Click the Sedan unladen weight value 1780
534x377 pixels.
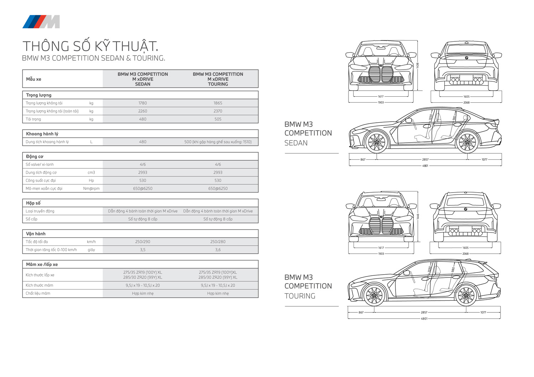coord(142,103)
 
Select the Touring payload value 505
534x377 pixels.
coord(218,119)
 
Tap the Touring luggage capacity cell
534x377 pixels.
coord(218,142)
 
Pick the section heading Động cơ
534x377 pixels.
coord(35,157)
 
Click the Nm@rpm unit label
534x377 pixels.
coord(91,188)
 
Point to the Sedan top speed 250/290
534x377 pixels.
coord(142,241)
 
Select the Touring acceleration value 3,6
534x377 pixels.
coord(218,250)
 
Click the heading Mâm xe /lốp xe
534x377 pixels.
coord(42,264)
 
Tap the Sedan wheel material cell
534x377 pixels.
coord(142,294)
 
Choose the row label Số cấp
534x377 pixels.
coord(31,219)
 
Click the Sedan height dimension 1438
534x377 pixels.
coord(418,66)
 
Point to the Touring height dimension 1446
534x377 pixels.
coord(418,216)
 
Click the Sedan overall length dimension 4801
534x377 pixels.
coord(425,165)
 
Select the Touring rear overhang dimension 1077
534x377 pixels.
coord(483,312)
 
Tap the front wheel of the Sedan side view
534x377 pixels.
coord(377,142)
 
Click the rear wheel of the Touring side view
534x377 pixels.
coord(466,295)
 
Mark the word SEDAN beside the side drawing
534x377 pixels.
coord(296,143)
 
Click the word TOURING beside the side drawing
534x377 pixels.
coord(300,296)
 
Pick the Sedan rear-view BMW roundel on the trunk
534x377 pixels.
coord(466,57)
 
